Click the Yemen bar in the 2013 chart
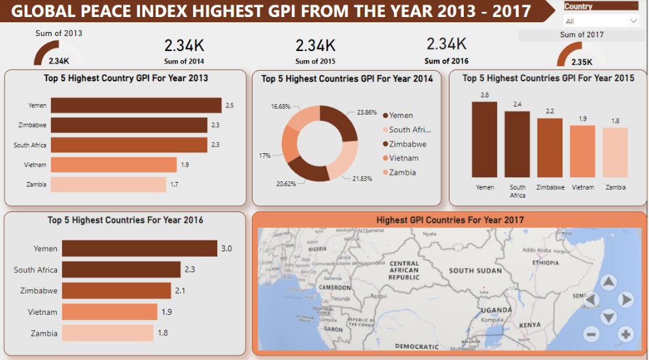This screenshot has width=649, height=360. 136,105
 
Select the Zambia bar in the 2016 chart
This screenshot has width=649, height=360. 107,333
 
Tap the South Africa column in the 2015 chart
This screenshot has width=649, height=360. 517,144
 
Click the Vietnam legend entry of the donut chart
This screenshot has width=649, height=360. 403,158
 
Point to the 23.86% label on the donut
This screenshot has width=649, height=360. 366,112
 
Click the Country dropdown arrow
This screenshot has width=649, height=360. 633,21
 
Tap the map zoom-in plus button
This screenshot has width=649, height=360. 625,334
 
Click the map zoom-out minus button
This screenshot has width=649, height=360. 591,334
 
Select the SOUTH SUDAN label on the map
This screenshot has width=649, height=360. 475,270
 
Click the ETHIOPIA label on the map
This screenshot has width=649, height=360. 545,262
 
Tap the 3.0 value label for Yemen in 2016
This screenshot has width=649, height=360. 227,249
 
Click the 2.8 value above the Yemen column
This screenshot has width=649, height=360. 484,95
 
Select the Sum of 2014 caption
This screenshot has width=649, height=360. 184,62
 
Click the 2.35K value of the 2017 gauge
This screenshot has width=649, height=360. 582,62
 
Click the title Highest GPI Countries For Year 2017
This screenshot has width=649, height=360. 449,220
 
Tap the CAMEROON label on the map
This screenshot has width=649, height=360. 335,288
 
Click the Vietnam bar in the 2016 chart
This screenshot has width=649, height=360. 109,312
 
